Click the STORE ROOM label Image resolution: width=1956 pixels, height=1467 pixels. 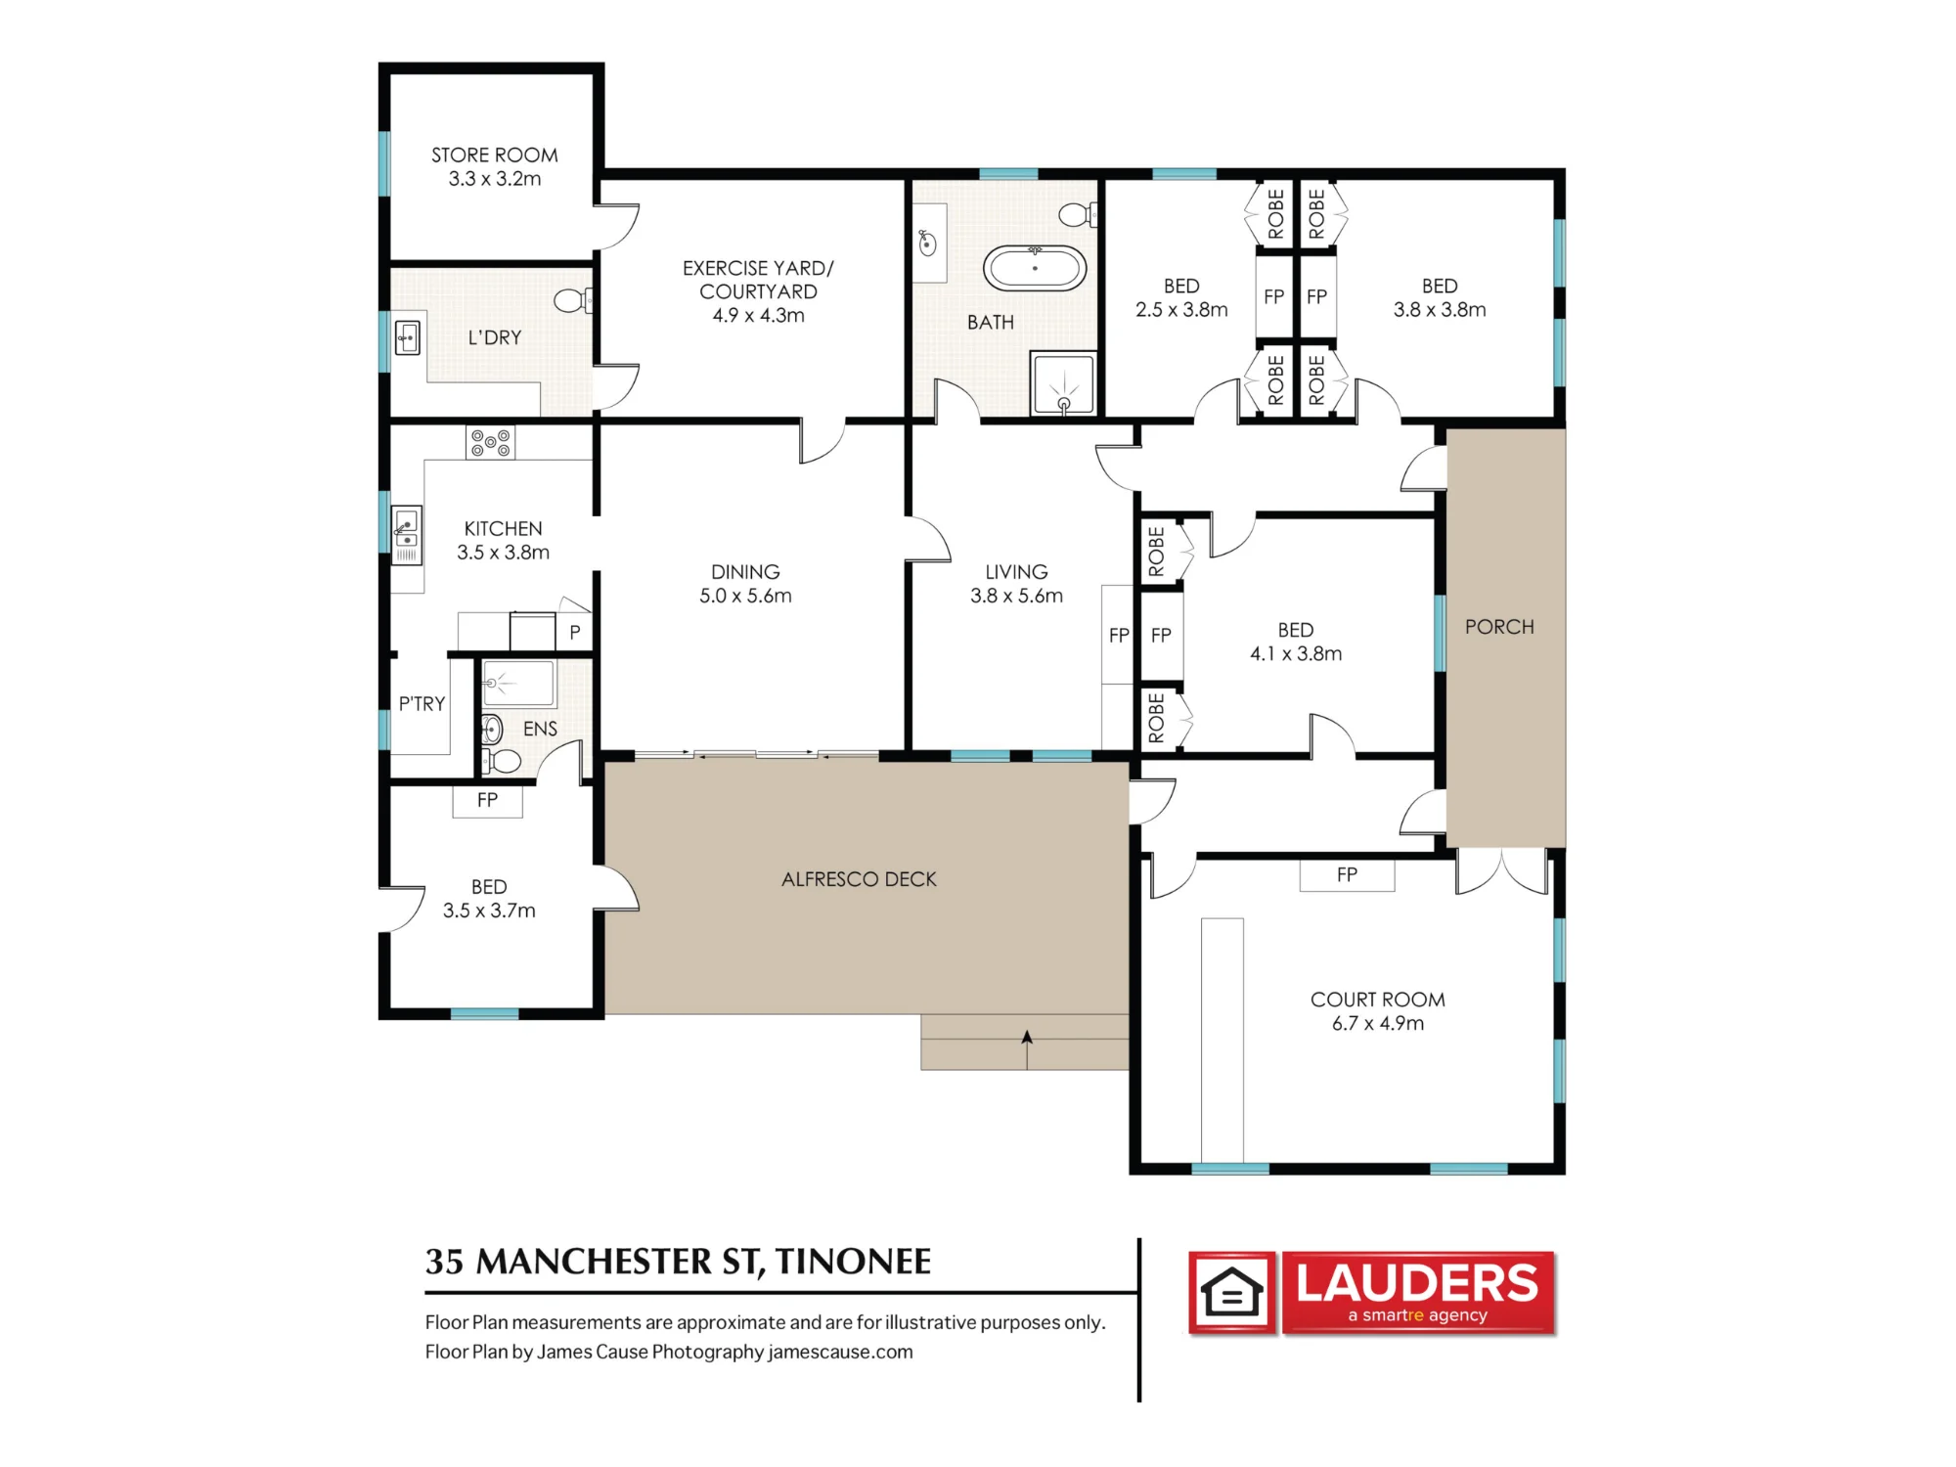[x=494, y=156]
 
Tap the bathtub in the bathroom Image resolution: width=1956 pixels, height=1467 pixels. [x=1034, y=268]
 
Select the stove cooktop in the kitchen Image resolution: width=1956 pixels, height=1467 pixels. [x=490, y=443]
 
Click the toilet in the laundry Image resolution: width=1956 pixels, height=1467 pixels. [x=573, y=300]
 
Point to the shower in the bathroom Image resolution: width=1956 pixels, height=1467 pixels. [x=1063, y=382]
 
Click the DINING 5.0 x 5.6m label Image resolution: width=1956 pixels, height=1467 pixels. [x=745, y=584]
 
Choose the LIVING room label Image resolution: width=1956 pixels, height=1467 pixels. [x=1016, y=572]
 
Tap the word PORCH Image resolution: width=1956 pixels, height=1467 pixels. [x=1499, y=627]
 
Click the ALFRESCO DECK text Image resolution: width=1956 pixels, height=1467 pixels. [x=859, y=879]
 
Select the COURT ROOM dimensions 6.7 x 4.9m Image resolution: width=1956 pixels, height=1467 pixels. [x=1377, y=1023]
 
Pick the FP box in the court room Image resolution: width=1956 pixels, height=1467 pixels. [x=1347, y=875]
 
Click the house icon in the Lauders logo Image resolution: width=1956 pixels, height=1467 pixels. [x=1232, y=1293]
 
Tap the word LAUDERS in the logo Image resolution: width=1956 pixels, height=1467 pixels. [x=1417, y=1283]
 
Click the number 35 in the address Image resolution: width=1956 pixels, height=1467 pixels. [x=444, y=1262]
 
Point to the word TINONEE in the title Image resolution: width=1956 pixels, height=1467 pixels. [x=853, y=1262]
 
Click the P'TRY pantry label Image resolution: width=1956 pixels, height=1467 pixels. [x=422, y=703]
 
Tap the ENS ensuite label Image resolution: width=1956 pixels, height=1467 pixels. [x=540, y=729]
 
